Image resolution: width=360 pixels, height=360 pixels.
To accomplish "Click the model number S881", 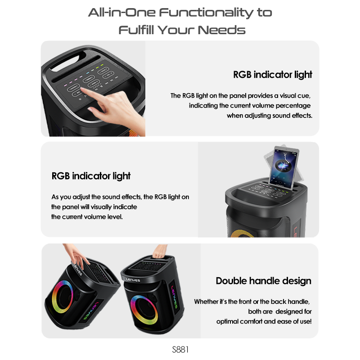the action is pos(180,350).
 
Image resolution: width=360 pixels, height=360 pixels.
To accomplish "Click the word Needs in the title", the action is pos(221,30).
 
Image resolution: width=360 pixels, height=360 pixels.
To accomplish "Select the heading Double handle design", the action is pos(263,281).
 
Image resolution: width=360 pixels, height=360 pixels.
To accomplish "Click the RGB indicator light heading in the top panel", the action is pos(273,75).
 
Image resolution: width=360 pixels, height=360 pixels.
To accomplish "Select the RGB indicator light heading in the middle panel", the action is pos(91,176).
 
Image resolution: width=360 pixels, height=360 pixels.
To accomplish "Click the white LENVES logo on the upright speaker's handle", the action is pos(133,280).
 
